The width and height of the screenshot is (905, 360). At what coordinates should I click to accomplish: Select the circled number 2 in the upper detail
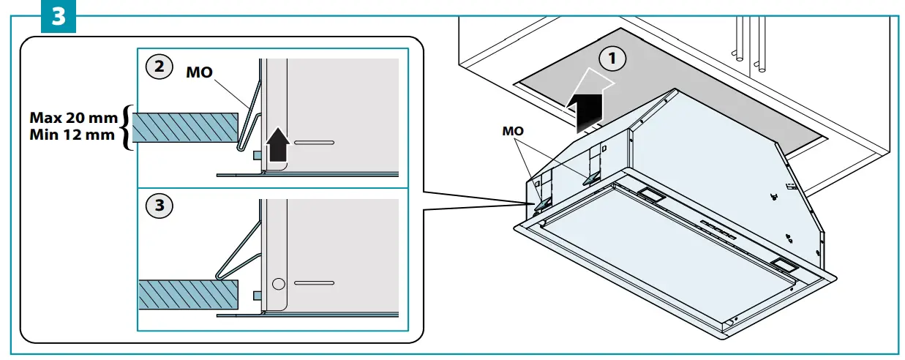pyautogui.click(x=160, y=67)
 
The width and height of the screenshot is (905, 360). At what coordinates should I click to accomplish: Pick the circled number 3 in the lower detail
pyautogui.click(x=160, y=206)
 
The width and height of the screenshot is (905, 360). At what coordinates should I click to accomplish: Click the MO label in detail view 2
pyautogui.click(x=200, y=73)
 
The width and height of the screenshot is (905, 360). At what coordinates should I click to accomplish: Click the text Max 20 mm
pyautogui.click(x=73, y=117)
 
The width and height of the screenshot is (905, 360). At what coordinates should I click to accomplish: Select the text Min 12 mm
pyautogui.click(x=73, y=135)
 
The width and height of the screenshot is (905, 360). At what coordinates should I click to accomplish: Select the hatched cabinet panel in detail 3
pyautogui.click(x=189, y=293)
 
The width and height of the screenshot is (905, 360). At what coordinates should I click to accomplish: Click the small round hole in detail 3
pyautogui.click(x=277, y=282)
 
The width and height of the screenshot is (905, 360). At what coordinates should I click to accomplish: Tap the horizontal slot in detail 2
pyautogui.click(x=314, y=141)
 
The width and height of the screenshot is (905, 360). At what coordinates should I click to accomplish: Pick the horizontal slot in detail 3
pyautogui.click(x=314, y=282)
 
